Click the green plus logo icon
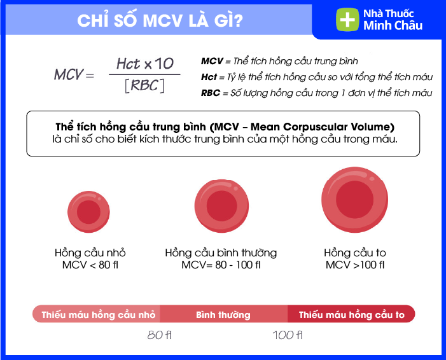click(x=347, y=20)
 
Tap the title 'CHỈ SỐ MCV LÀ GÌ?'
click(x=160, y=20)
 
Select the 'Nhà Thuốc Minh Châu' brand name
click(x=393, y=20)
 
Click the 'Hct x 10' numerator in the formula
click(x=145, y=64)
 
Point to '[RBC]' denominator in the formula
click(x=145, y=85)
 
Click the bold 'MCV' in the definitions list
click(x=212, y=61)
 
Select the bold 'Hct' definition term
click(x=209, y=77)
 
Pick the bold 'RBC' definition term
click(x=211, y=93)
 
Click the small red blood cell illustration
click(x=88, y=212)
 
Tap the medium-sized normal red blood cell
click(x=221, y=206)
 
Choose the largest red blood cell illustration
click(x=354, y=200)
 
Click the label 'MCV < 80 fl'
click(x=90, y=265)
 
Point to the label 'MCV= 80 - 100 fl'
click(x=221, y=265)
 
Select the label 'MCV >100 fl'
click(x=355, y=265)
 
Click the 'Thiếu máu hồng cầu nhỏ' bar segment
click(x=96, y=314)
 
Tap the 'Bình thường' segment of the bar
click(x=223, y=314)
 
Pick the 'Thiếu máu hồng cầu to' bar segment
click(x=351, y=314)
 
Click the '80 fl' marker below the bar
click(x=160, y=335)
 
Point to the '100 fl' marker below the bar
click(x=288, y=335)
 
